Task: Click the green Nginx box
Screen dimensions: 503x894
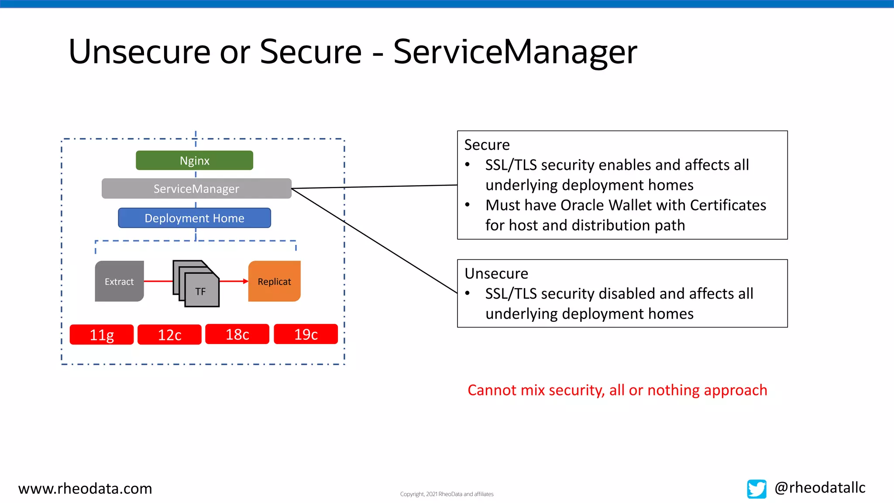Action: click(194, 160)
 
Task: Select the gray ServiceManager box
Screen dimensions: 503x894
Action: click(196, 189)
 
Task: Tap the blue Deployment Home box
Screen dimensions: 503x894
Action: click(194, 218)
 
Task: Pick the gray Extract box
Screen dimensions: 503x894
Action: click(119, 281)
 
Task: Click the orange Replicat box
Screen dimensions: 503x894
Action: click(274, 281)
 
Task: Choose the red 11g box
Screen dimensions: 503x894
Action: click(102, 334)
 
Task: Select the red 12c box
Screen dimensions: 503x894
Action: click(169, 334)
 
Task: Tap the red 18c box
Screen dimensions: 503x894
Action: click(237, 334)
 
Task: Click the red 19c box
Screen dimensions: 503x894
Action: click(306, 334)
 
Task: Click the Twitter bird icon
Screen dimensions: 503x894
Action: click(756, 489)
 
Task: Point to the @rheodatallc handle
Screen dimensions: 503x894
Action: click(820, 487)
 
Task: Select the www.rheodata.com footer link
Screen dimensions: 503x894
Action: click(85, 488)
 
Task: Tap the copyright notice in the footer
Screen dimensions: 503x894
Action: click(447, 494)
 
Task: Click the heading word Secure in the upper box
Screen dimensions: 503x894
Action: click(487, 145)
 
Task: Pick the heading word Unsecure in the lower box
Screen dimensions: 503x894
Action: click(496, 273)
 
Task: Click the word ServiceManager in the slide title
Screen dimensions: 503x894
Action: click(515, 52)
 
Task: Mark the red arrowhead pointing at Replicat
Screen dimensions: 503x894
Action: click(246, 281)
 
